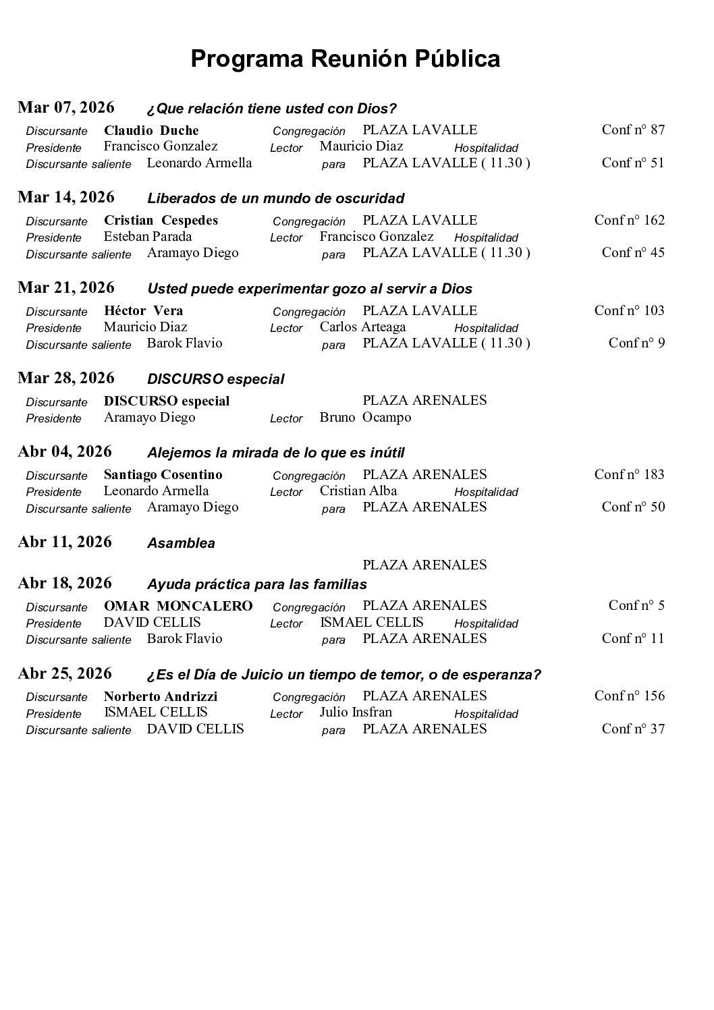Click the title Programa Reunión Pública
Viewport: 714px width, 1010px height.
tap(345, 59)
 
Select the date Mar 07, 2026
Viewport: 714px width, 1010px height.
tap(66, 107)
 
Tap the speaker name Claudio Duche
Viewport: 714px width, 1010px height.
tap(151, 130)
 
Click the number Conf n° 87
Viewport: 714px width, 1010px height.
tap(632, 130)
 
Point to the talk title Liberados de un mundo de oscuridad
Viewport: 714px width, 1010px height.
tap(275, 198)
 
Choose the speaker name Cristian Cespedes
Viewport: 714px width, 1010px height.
tap(161, 220)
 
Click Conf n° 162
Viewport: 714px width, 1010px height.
tap(629, 220)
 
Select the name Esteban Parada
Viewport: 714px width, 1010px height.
tap(148, 236)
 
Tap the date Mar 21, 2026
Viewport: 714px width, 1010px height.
tap(66, 287)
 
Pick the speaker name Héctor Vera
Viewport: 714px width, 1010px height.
tap(143, 310)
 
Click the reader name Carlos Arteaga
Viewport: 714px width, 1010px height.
tap(362, 327)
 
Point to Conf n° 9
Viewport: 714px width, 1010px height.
tap(636, 343)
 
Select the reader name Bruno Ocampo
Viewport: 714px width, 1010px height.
tap(365, 417)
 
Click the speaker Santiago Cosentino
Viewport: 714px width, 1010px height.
tap(163, 474)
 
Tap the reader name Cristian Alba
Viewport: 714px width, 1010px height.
tap(358, 490)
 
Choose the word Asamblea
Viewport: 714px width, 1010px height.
tap(181, 543)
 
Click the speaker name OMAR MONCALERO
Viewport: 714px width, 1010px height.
tap(178, 605)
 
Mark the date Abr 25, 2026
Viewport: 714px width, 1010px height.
tap(65, 673)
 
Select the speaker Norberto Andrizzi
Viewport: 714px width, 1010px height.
tap(161, 696)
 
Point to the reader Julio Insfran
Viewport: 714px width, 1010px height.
tap(356, 712)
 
